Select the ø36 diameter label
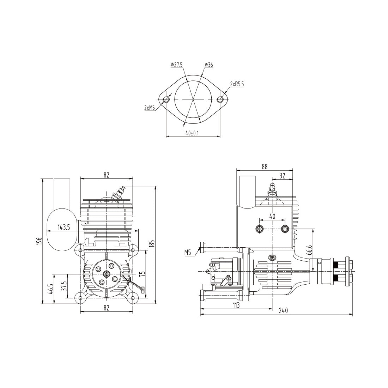(x=208, y=65)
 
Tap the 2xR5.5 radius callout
(x=237, y=84)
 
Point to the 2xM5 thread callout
(x=150, y=108)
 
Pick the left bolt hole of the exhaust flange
(x=166, y=99)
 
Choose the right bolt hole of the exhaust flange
(x=220, y=99)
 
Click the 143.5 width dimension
(x=64, y=228)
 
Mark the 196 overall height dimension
(x=39, y=241)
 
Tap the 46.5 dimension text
(x=51, y=289)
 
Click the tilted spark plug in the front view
(x=119, y=194)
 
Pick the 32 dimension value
(x=282, y=175)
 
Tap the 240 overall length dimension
(x=283, y=311)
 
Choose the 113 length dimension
(x=236, y=305)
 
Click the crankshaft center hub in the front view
(x=107, y=274)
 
